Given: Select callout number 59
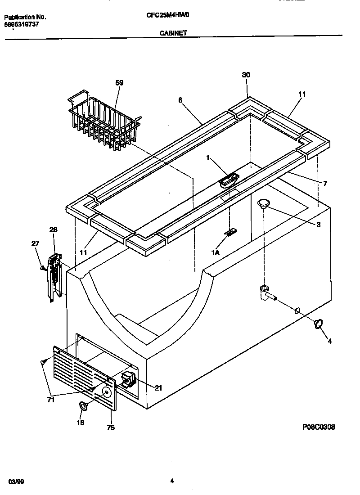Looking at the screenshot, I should point(119,83).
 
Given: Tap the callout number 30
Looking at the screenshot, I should point(246,75).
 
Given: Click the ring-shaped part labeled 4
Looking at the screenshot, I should point(319,324).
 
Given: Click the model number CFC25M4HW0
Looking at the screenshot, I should point(168,14).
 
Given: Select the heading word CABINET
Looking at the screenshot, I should point(173,33).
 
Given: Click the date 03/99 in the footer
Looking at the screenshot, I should point(15,481).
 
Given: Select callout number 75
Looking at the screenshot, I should point(110,427).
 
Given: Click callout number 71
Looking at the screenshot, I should point(50,399).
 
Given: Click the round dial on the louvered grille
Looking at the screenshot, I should point(106,393).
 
